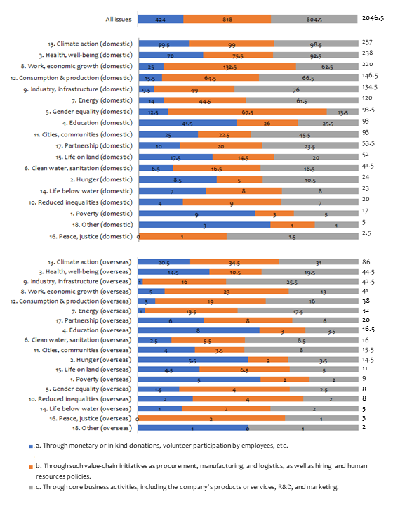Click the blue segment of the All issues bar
[x=161, y=19]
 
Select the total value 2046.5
[x=373, y=18]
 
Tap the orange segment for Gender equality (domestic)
[x=248, y=112]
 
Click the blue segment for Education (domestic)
[x=188, y=123]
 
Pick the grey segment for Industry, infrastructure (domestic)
[x=296, y=89]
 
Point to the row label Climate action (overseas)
[x=90, y=262]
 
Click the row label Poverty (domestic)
[x=101, y=214]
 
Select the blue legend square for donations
[x=31, y=447]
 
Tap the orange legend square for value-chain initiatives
[x=31, y=467]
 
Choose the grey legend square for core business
[x=31, y=487]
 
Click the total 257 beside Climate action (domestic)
[x=367, y=42]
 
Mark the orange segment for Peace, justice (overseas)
[x=212, y=419]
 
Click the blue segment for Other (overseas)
[x=193, y=428]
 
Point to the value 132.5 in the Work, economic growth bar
[x=229, y=67]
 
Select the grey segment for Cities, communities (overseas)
[x=301, y=350]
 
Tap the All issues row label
[x=119, y=20]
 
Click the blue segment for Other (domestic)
[x=205, y=225]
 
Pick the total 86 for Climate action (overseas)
[x=366, y=262]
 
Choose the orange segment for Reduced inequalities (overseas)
[x=248, y=399]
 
